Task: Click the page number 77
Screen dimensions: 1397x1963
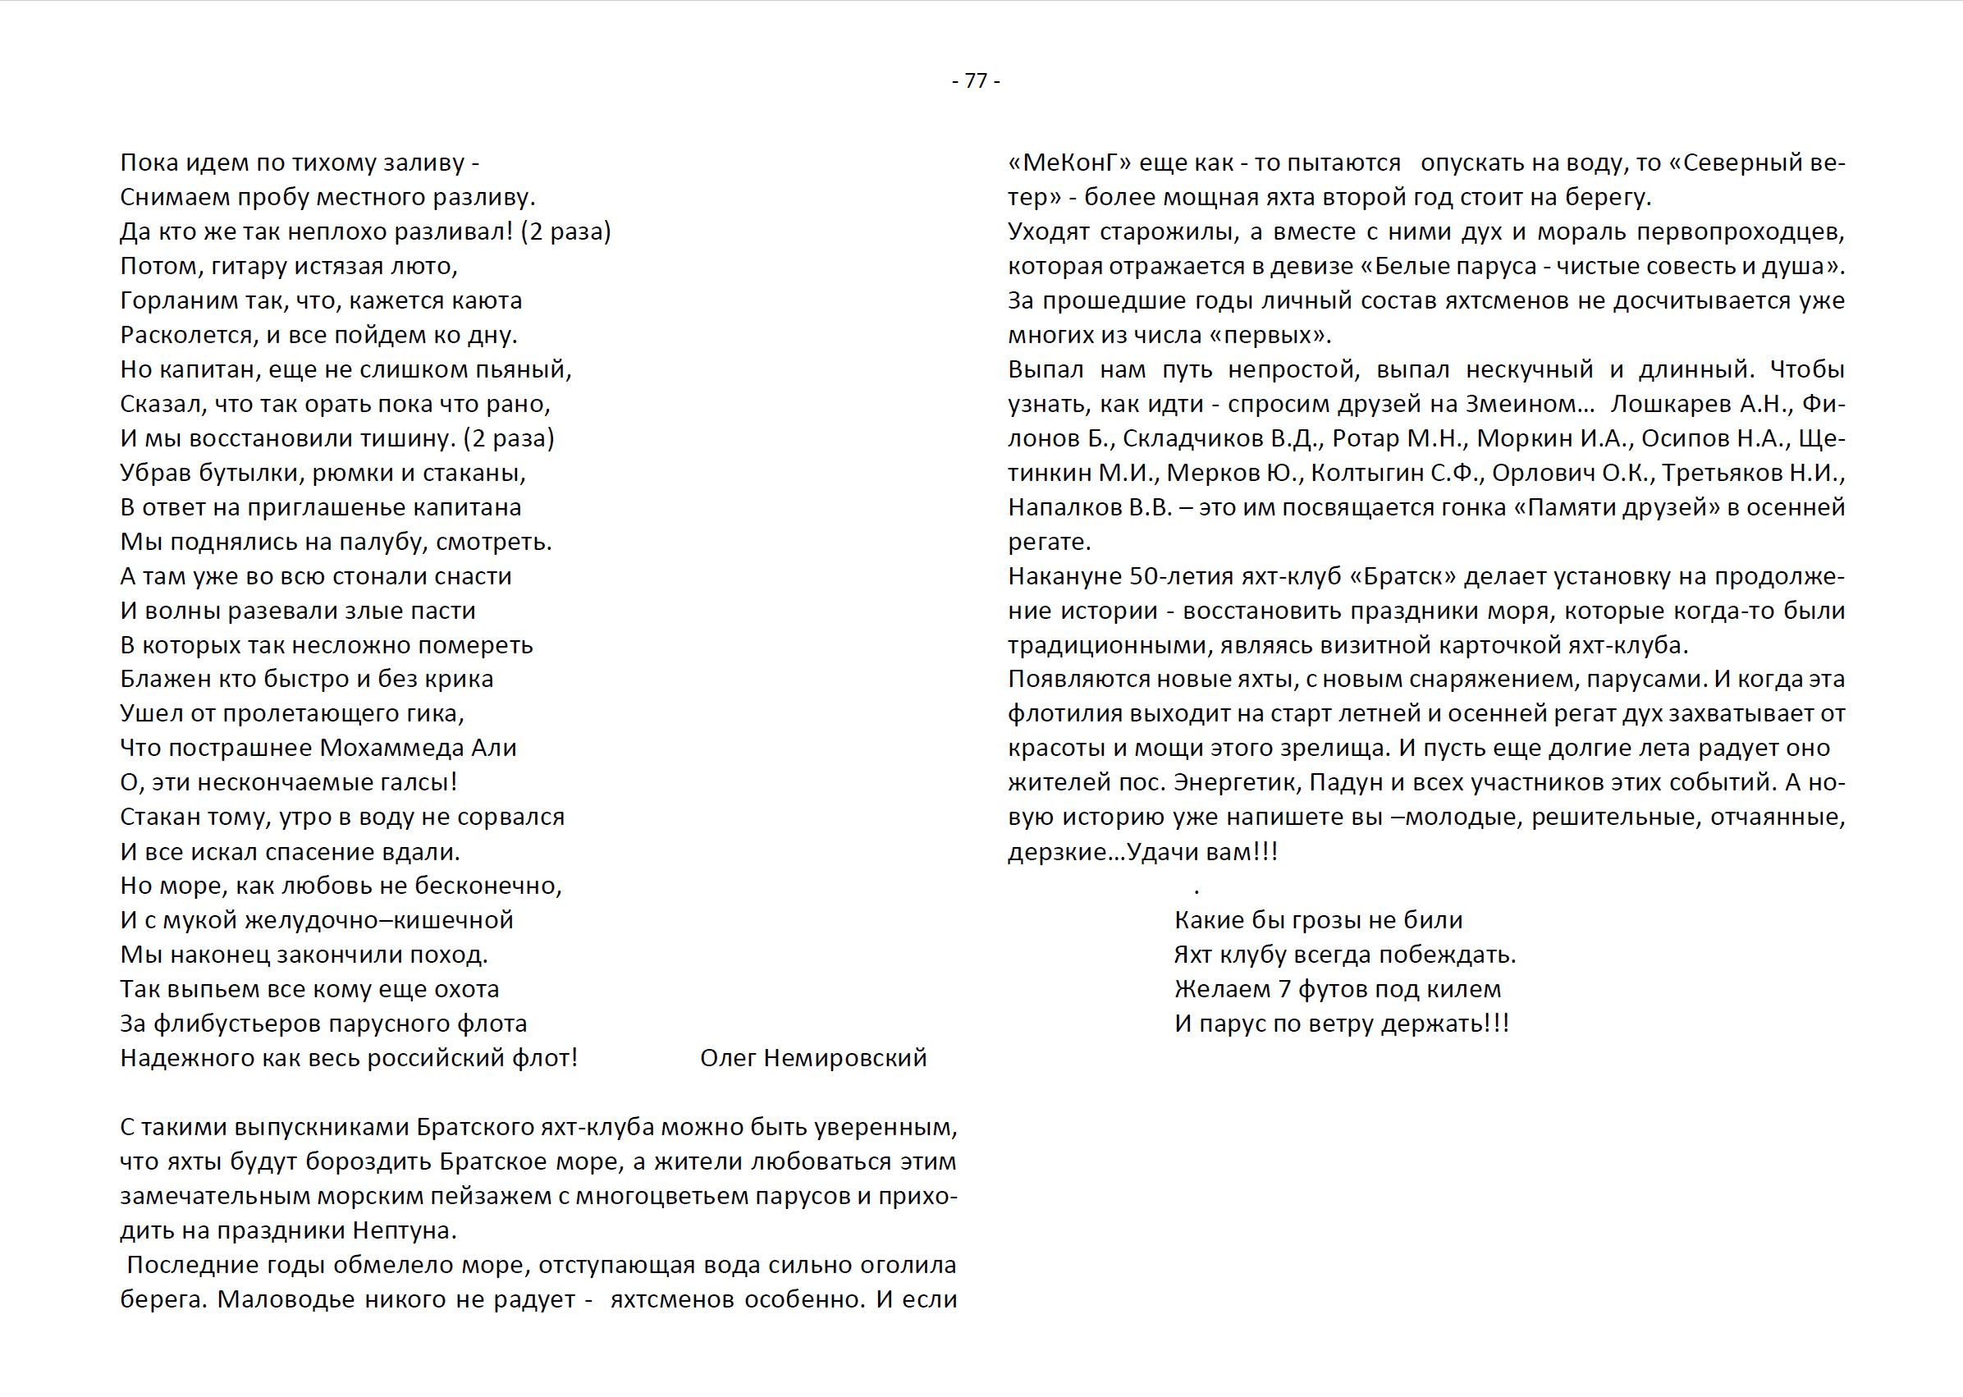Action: [976, 81]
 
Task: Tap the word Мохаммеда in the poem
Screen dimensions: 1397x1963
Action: [391, 749]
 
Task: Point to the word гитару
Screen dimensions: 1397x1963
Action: [249, 267]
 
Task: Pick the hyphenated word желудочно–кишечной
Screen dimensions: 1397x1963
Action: [379, 920]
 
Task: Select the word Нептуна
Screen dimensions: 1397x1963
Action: [403, 1231]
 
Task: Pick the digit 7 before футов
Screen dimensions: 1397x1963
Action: [1284, 989]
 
